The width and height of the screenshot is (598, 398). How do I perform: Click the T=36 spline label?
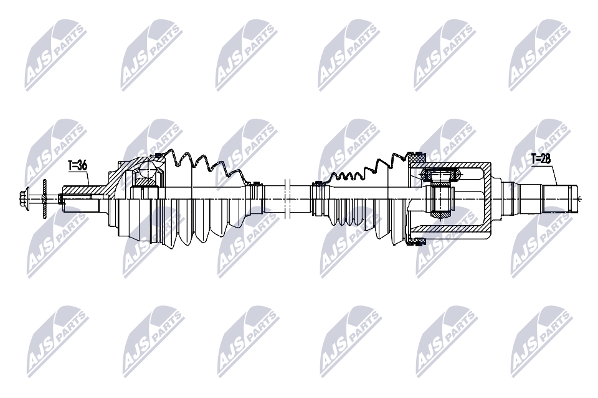(77, 165)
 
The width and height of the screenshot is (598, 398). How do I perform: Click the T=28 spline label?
(540, 159)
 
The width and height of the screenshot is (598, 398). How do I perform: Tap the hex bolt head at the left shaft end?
(27, 198)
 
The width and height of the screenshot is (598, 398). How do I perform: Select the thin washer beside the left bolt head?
(45, 198)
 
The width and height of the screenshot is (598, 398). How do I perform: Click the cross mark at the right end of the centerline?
(578, 198)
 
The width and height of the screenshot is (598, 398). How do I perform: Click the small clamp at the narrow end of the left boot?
(254, 183)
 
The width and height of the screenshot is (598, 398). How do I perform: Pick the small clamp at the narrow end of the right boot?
(318, 183)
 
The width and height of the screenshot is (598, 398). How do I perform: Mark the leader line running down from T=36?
(88, 178)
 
